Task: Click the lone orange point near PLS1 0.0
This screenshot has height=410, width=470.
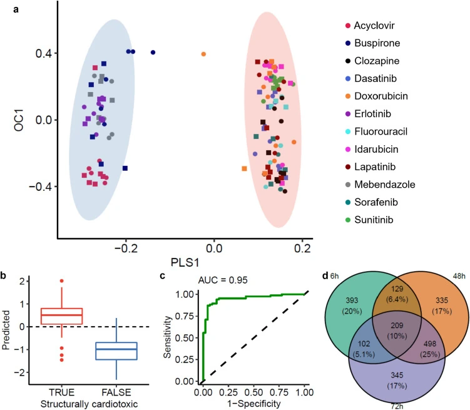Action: pos(203,54)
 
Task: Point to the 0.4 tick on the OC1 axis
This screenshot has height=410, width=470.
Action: pos(44,54)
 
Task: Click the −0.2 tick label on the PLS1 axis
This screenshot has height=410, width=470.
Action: pos(126,249)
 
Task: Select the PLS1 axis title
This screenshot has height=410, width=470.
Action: pos(185,262)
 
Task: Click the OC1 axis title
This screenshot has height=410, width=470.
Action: pos(19,120)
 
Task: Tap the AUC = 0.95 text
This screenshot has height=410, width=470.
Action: pos(223,280)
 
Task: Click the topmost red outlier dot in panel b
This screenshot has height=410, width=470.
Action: pos(62,281)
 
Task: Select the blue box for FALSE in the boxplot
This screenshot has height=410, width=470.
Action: pos(116,351)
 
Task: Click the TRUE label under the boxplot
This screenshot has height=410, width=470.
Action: pos(61,392)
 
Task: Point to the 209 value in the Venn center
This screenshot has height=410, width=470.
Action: pos(397,325)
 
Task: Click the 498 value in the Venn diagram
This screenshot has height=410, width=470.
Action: pos(430,344)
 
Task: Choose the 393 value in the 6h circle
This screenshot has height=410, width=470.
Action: pos(352,300)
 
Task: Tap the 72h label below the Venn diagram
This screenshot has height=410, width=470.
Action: pos(397,406)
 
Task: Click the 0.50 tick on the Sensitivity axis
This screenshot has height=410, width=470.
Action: pos(185,338)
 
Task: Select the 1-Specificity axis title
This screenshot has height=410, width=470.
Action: pos(254,404)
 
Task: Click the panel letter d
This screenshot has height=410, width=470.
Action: pos(325,275)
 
